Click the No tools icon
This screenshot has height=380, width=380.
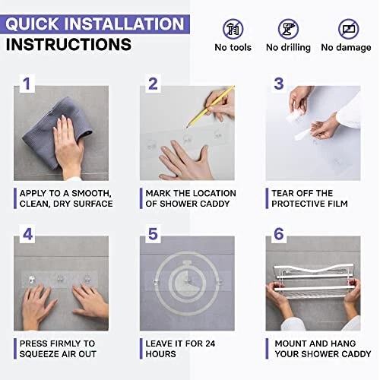pos(233,29)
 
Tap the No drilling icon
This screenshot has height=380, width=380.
pos(288,29)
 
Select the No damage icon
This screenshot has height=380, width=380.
pos(348,29)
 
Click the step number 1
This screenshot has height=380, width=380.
pos(27,84)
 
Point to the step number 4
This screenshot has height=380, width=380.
pos(27,234)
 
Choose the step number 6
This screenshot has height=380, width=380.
pos(279,234)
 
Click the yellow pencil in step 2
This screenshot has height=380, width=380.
pos(211,106)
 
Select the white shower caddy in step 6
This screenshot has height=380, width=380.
pos(314,280)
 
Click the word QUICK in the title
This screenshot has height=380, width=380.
pos(32,24)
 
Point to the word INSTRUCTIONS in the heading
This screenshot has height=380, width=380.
pos(68,44)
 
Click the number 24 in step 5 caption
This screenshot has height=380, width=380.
pos(210,344)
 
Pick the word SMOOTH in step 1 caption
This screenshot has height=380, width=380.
pos(91,194)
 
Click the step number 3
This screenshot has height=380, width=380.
pos(279,84)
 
